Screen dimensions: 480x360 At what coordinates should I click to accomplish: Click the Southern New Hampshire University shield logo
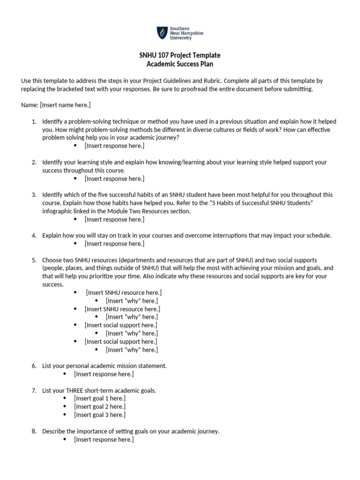161,33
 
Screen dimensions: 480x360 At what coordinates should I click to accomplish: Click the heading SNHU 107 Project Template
180,55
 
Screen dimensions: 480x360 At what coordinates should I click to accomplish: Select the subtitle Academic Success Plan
180,64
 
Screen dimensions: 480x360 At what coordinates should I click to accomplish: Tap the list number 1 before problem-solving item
34,121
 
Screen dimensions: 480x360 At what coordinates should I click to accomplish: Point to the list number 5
34,260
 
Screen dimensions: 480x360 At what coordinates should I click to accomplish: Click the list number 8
34,431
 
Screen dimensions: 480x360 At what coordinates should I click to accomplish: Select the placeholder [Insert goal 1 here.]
99,398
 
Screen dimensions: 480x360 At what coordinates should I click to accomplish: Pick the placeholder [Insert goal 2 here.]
99,406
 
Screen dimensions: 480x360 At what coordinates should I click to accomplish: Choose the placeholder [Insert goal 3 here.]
99,415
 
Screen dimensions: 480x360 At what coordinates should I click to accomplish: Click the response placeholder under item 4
114,244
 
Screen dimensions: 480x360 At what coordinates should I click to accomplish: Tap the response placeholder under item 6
104,374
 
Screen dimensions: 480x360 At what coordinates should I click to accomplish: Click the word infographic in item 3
59,211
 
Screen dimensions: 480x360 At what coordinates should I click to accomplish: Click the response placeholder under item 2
114,179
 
